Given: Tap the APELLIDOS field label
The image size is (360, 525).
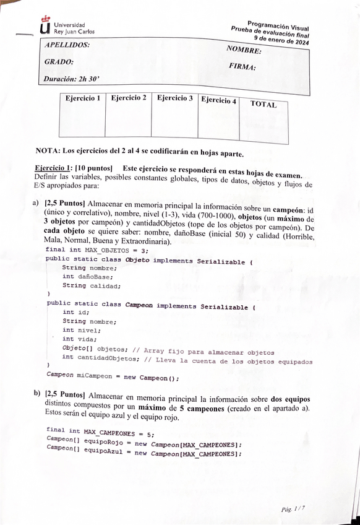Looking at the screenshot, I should tap(67, 45).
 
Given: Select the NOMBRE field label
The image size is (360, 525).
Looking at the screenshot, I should tap(244, 50).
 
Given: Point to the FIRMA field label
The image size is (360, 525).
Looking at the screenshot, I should tap(242, 66).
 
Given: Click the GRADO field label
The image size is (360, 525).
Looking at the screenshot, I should tap(59, 62).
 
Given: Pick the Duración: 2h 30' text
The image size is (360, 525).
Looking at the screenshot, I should tap(72, 79).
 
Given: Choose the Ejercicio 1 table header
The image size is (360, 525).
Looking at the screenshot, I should tap(83, 98).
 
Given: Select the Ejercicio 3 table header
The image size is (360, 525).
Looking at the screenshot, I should tap(174, 98).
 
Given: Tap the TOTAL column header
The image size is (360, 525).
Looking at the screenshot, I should tap(263, 104).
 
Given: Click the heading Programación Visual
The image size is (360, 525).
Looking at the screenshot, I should tap(278, 24).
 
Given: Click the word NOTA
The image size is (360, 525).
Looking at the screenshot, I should tap(47, 152).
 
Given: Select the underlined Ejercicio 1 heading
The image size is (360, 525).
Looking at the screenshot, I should tap(53, 168).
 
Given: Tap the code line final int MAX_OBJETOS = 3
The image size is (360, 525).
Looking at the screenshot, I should tap(97, 249).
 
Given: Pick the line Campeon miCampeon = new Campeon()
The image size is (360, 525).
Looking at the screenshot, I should tap(113, 376).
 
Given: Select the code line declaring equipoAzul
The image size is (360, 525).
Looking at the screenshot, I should tap(144, 454).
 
